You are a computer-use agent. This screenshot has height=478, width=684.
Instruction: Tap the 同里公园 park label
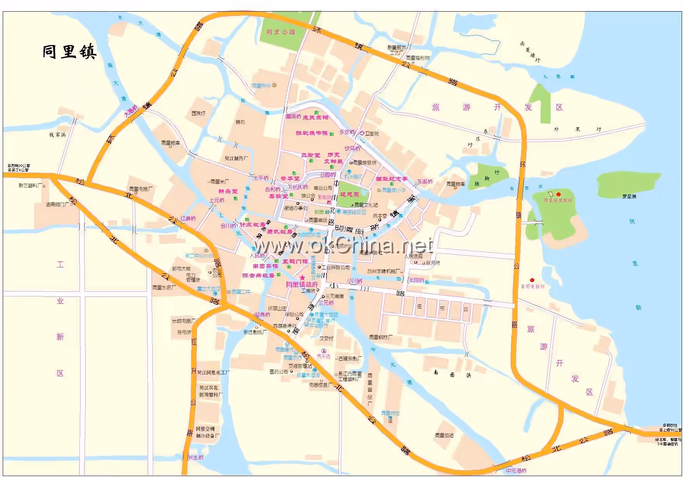(x=280, y=32)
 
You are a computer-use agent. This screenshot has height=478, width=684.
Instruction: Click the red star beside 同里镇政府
(x=302, y=278)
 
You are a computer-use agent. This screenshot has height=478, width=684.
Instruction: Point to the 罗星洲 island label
(x=629, y=197)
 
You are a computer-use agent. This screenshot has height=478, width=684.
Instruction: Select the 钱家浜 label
(x=57, y=135)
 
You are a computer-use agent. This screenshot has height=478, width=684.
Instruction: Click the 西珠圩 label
(x=198, y=113)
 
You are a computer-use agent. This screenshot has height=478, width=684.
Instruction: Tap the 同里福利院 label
(x=418, y=58)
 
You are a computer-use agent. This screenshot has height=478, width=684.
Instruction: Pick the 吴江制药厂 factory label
(x=236, y=158)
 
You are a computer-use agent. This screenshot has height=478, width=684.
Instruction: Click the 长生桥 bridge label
(x=196, y=457)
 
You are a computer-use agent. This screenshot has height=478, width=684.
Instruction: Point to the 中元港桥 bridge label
(x=516, y=471)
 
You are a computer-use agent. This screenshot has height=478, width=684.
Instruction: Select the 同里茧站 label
(x=444, y=435)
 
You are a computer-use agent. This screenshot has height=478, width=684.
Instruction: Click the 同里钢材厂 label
(x=380, y=337)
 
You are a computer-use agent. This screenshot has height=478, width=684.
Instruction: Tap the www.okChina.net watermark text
(x=343, y=245)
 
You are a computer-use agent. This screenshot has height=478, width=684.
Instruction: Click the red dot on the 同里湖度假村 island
(x=558, y=194)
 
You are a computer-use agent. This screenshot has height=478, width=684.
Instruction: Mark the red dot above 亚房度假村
(x=532, y=280)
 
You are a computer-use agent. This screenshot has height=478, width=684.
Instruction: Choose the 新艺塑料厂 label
(x=31, y=185)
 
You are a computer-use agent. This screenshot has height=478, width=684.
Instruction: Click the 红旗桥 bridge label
(x=188, y=218)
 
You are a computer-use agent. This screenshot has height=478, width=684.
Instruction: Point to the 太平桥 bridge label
(x=261, y=178)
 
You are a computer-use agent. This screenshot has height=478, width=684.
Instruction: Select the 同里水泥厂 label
(x=164, y=287)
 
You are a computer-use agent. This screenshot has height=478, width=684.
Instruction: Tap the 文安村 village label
(x=326, y=338)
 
